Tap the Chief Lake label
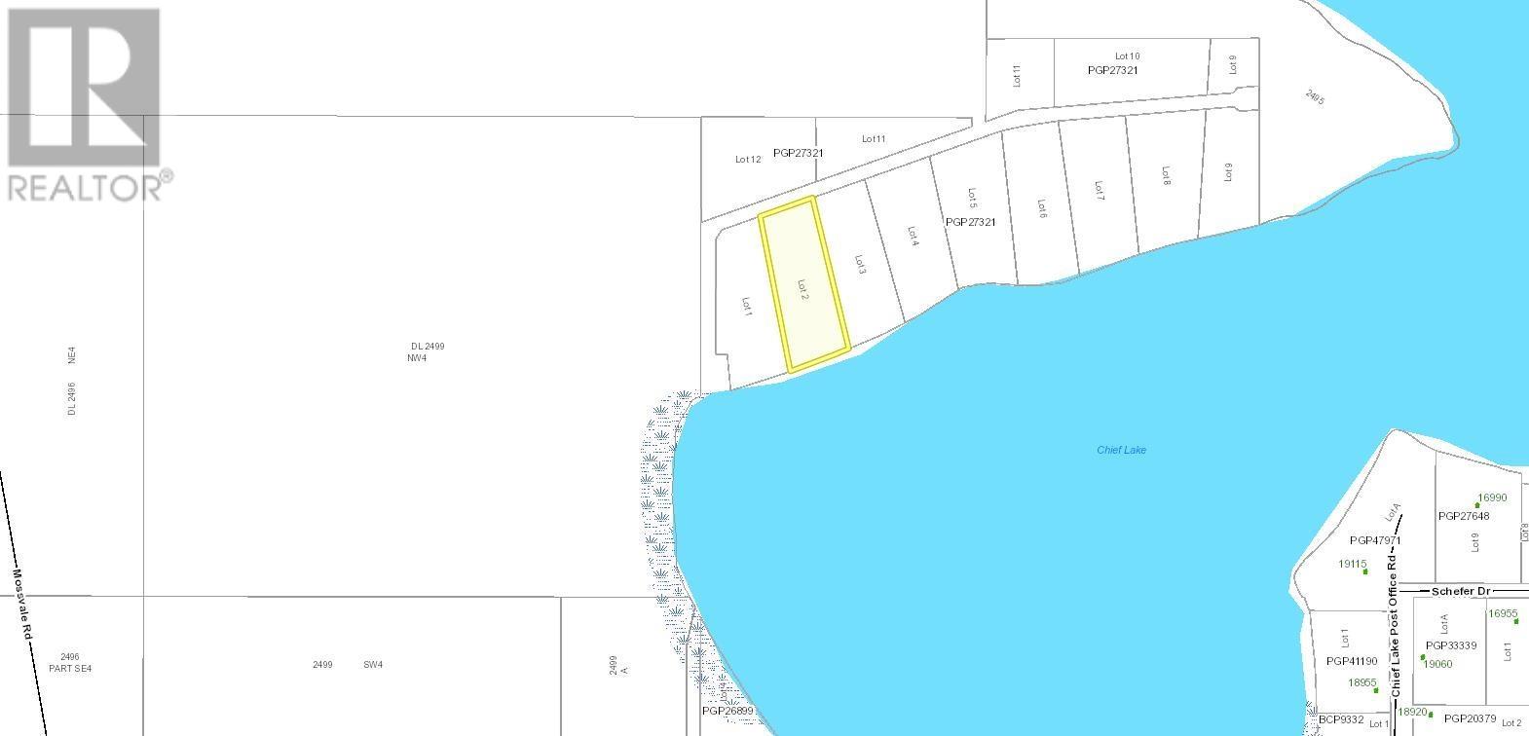point(1121,450)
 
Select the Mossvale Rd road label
point(23,604)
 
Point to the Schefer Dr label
point(1461,591)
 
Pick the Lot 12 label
point(748,159)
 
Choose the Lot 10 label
point(1127,56)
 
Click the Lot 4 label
point(913,237)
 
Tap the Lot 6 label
point(1041,208)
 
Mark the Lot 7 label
point(1099,190)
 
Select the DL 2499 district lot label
point(428,347)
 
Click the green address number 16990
point(1491,497)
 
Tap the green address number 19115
point(1353,564)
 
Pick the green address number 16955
point(1503,613)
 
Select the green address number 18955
point(1362,682)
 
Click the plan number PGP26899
point(727,711)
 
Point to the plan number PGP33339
point(1451,645)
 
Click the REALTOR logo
point(86,102)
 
